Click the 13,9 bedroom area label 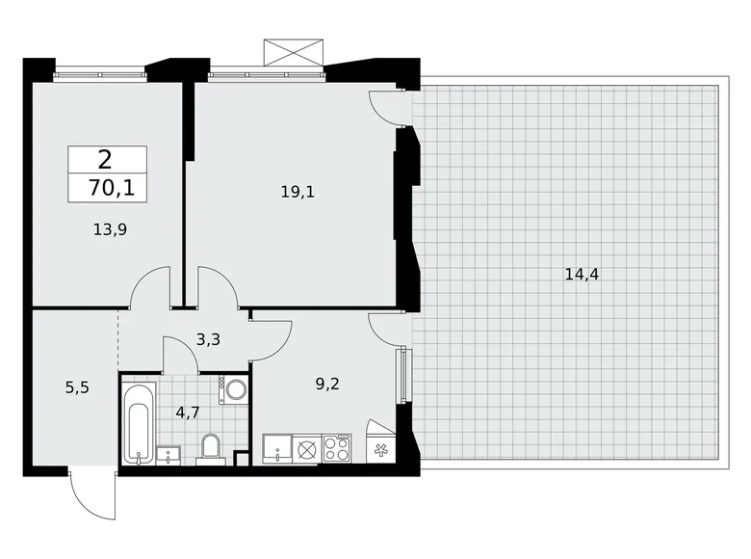[x=110, y=229]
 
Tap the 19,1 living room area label [x=298, y=192]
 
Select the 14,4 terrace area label [x=582, y=275]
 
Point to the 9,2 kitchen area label [x=327, y=384]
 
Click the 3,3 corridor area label [x=208, y=339]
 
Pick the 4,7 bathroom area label [x=188, y=412]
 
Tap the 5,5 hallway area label [x=77, y=387]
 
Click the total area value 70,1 [x=112, y=188]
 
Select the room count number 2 [x=105, y=160]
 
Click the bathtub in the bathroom [x=139, y=423]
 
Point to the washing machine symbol [x=233, y=389]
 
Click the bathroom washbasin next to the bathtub [x=168, y=455]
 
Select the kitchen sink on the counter [x=277, y=449]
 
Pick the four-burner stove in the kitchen [x=337, y=448]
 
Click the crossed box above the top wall [x=294, y=52]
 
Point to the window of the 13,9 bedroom [x=99, y=74]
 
